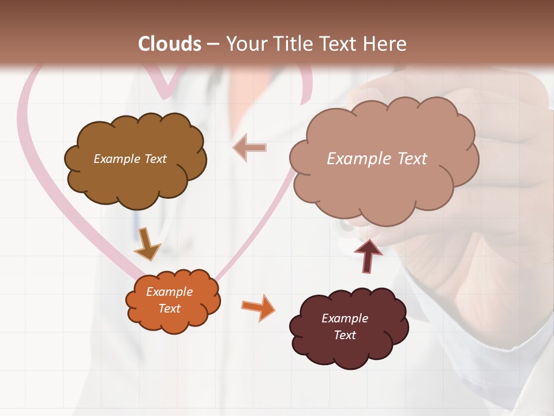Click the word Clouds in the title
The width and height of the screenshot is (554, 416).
coord(170,44)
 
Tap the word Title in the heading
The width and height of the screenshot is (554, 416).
coord(293,44)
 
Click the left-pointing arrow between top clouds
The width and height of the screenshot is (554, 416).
coord(250,148)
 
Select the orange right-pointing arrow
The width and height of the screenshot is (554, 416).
coord(258,307)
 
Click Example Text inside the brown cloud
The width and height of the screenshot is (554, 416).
coord(130,159)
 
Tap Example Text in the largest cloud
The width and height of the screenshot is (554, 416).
coord(377,159)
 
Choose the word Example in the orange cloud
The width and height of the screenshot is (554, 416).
coord(169,292)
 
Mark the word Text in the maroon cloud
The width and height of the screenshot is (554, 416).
coord(345,335)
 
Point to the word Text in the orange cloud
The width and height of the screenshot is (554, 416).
coord(169,309)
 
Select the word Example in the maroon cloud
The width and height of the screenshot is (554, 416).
coord(345,318)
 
